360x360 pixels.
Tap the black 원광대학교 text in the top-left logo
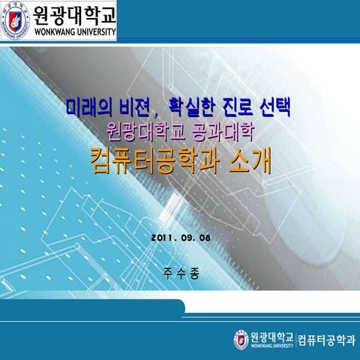(x=74, y=15)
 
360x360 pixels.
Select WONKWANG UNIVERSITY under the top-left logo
(x=74, y=34)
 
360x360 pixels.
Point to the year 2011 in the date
(x=164, y=238)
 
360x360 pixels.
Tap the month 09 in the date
(x=190, y=238)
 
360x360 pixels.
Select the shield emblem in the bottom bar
(x=241, y=340)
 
